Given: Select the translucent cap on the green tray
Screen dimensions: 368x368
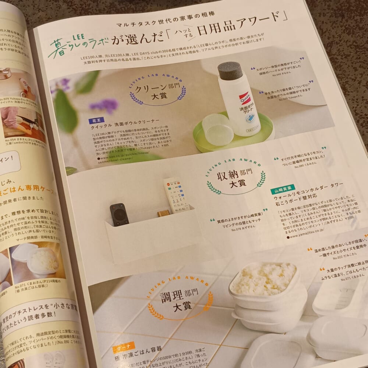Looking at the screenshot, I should click(217, 129).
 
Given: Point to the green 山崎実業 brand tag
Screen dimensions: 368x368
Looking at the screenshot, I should click(282, 191).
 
